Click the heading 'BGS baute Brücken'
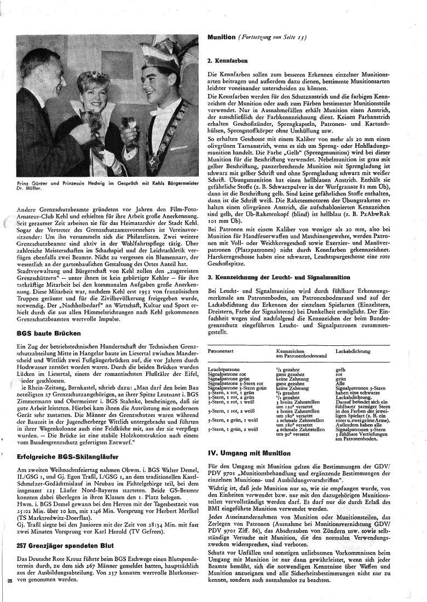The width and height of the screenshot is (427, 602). pyautogui.click(x=49, y=333)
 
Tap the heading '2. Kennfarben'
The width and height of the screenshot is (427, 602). pyautogui.click(x=228, y=60)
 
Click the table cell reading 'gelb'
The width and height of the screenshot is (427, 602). pyautogui.click(x=341, y=369)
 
